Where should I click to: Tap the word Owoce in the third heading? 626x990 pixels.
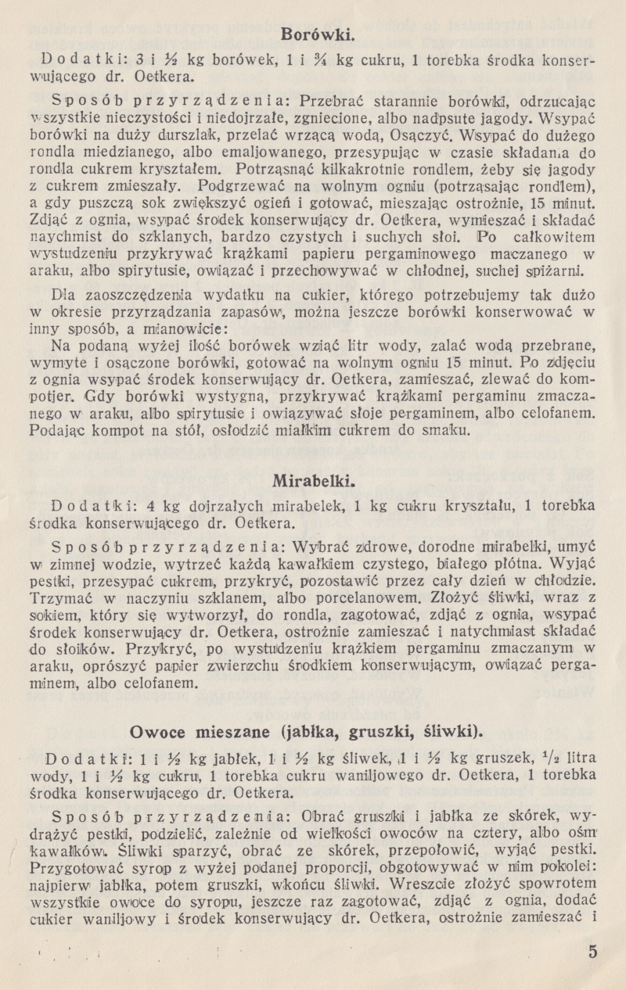pos(155,732)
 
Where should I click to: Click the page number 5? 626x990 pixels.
pos(592,951)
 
